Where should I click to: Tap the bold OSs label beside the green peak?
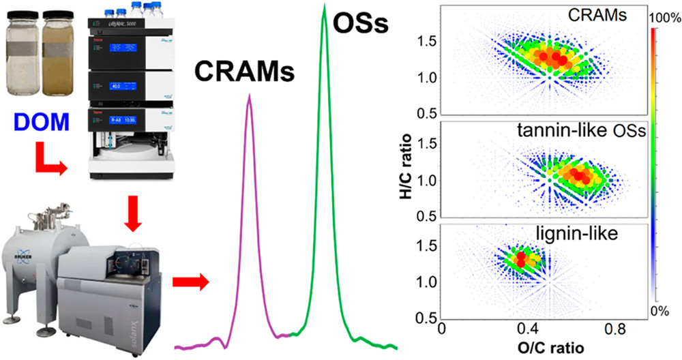pos(359,27)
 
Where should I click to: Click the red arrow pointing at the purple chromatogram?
pos(190,280)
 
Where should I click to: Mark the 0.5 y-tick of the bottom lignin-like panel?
pos(428,318)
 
